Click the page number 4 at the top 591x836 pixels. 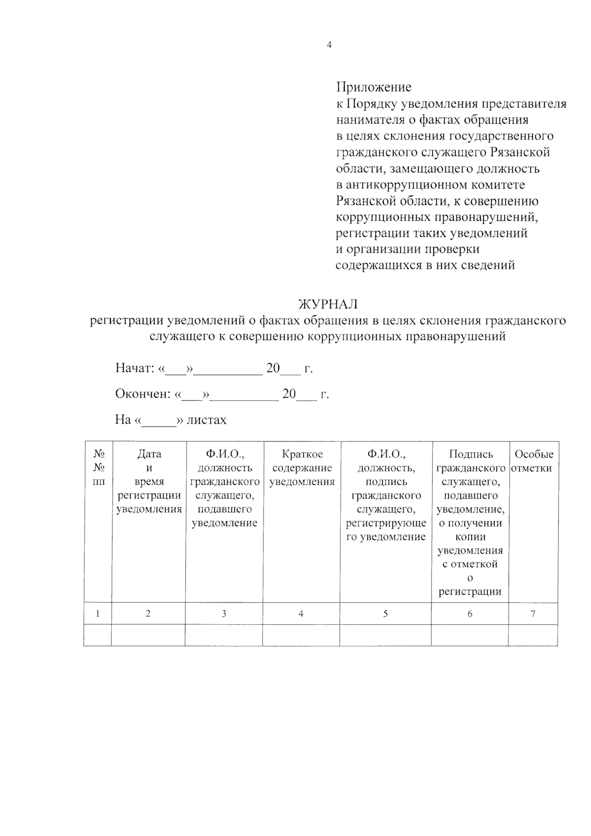(x=329, y=45)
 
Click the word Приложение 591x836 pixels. (x=373, y=87)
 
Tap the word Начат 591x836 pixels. (x=134, y=368)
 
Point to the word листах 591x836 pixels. (x=206, y=420)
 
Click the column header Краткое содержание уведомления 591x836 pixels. (x=302, y=468)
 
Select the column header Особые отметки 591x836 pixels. (x=533, y=461)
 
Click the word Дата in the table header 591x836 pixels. (x=149, y=454)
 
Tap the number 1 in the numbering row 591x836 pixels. (x=98, y=613)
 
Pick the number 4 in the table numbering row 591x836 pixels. (x=301, y=613)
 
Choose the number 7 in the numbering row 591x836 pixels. (x=533, y=613)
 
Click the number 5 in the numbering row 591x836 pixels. (x=385, y=613)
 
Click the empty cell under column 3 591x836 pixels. (x=224, y=635)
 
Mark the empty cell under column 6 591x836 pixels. (x=470, y=635)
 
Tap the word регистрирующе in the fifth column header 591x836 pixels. (x=386, y=523)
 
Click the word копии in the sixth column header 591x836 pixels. (x=470, y=536)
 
